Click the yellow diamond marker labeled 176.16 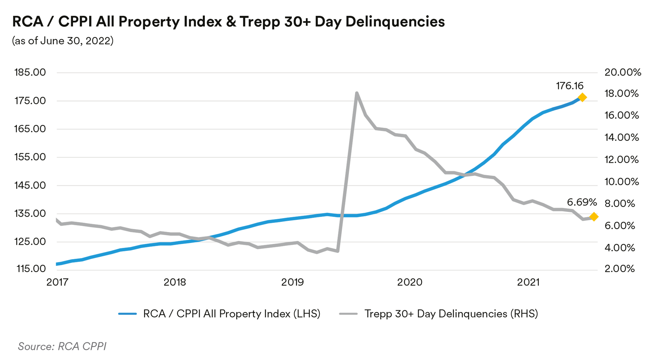tap(582, 98)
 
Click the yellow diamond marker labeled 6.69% tap(594, 217)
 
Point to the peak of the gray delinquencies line tap(356, 93)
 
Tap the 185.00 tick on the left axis tap(30, 72)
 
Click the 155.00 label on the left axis tap(30, 157)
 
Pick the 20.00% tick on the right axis tap(623, 72)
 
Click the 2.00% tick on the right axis tap(619, 269)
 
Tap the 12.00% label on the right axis tap(622, 160)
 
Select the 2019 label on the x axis tap(292, 282)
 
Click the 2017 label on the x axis tap(57, 282)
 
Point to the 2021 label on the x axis tap(528, 282)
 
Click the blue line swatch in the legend tap(127, 314)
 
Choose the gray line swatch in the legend tap(348, 314)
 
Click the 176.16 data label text tap(570, 86)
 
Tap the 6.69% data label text tap(582, 202)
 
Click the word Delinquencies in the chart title tap(395, 21)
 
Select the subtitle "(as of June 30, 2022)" tap(63, 41)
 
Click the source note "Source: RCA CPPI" tap(62, 346)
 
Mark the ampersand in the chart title tap(231, 21)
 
